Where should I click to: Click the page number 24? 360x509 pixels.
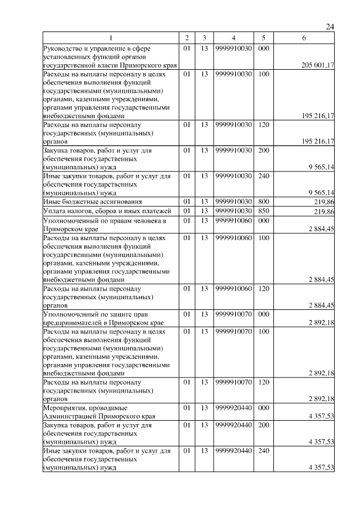pyautogui.click(x=330, y=28)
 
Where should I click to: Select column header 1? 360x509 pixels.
pyautogui.click(x=110, y=38)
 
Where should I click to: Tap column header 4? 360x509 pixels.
pyautogui.click(x=233, y=38)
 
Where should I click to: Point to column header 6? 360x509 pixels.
pyautogui.click(x=304, y=38)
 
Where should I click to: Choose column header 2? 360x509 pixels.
pyautogui.click(x=187, y=38)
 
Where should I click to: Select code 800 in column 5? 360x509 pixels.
pyautogui.click(x=263, y=201)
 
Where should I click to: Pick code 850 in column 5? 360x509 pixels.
pyautogui.click(x=263, y=211)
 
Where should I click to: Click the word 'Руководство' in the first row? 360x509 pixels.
pyautogui.click(x=64, y=48)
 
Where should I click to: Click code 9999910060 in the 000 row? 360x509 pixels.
pyautogui.click(x=233, y=221)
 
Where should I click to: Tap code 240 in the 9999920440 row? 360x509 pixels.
pyautogui.click(x=263, y=451)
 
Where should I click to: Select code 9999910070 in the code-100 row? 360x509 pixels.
pyautogui.click(x=233, y=332)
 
